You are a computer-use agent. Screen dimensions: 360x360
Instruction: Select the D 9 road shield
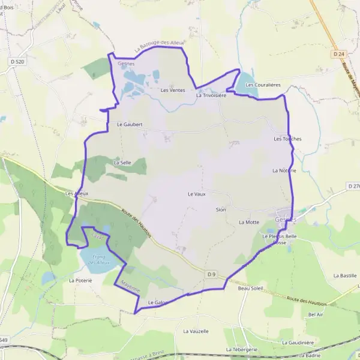tap(211, 274)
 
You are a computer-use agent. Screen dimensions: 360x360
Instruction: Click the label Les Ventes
tap(173, 90)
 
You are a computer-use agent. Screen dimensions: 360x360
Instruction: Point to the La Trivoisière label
tap(211, 95)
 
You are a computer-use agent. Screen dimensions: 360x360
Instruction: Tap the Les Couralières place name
tap(263, 85)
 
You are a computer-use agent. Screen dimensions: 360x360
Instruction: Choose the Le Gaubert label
tap(130, 124)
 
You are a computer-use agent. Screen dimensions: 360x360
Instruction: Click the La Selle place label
tap(122, 162)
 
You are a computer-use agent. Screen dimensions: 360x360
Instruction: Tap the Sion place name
tap(221, 209)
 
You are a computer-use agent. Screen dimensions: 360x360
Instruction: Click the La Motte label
tap(248, 222)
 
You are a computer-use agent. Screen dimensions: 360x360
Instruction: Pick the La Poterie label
tap(80, 280)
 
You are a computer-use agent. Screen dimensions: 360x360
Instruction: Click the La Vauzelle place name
tap(196, 331)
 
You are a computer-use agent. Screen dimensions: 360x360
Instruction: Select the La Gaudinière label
tap(297, 342)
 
